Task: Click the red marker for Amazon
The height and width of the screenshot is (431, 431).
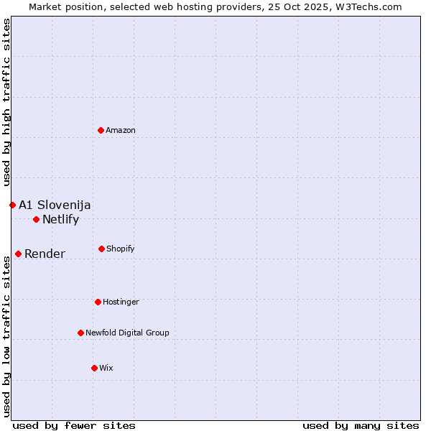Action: pos(101,130)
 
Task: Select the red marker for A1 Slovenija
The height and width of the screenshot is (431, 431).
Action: pos(12,205)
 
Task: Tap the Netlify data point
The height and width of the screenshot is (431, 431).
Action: pos(36,219)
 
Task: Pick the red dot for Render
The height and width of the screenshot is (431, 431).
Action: pos(18,254)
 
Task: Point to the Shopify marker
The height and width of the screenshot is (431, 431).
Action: pos(101,249)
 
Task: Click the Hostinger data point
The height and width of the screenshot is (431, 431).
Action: pos(98,302)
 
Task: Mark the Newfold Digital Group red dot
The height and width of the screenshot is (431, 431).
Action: pos(80,333)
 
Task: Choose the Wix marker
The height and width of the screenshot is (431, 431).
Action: pos(94,368)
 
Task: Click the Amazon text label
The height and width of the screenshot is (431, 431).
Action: pos(121,131)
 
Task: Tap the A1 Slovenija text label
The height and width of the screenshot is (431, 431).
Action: pos(55,205)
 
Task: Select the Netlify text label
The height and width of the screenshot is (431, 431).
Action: pos(60,220)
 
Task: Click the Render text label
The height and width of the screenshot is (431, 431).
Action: pos(45,254)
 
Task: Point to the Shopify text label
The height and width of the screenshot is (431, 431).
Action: pos(121,249)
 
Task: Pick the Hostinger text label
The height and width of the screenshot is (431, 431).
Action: pos(121,302)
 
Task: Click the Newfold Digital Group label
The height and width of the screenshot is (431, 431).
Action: pos(127,333)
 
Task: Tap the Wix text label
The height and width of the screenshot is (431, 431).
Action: pos(106,369)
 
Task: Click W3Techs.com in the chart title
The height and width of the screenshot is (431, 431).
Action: pos(366,6)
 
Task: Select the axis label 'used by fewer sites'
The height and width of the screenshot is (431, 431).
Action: pos(74,425)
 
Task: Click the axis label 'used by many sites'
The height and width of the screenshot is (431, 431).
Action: pos(361,425)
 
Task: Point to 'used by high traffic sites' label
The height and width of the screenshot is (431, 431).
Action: pos(6,102)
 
